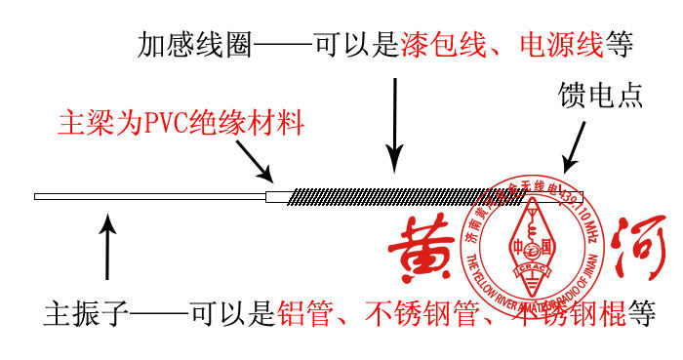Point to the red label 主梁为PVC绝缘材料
(x=181, y=124)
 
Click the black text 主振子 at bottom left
(x=86, y=314)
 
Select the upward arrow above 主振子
(x=107, y=249)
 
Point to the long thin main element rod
(x=146, y=196)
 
